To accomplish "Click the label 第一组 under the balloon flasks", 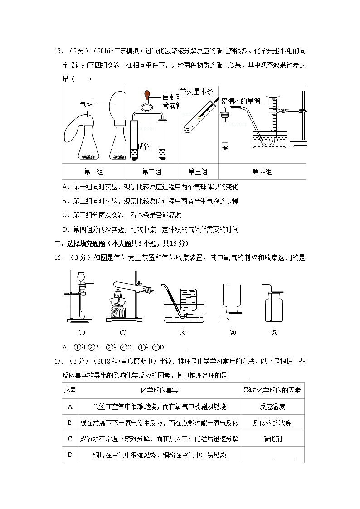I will point(93,171).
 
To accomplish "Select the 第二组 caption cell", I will point(151,171).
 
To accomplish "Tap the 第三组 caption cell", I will point(197,171).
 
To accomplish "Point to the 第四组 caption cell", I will point(262,171).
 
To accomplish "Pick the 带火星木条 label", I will point(196,92).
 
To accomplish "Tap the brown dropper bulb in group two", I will point(147,95).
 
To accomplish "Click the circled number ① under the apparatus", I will point(82,332).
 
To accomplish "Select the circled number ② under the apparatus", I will point(122,332).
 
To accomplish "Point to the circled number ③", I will point(182,332).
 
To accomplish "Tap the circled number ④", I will point(233,332).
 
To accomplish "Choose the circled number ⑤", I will point(274,332).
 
